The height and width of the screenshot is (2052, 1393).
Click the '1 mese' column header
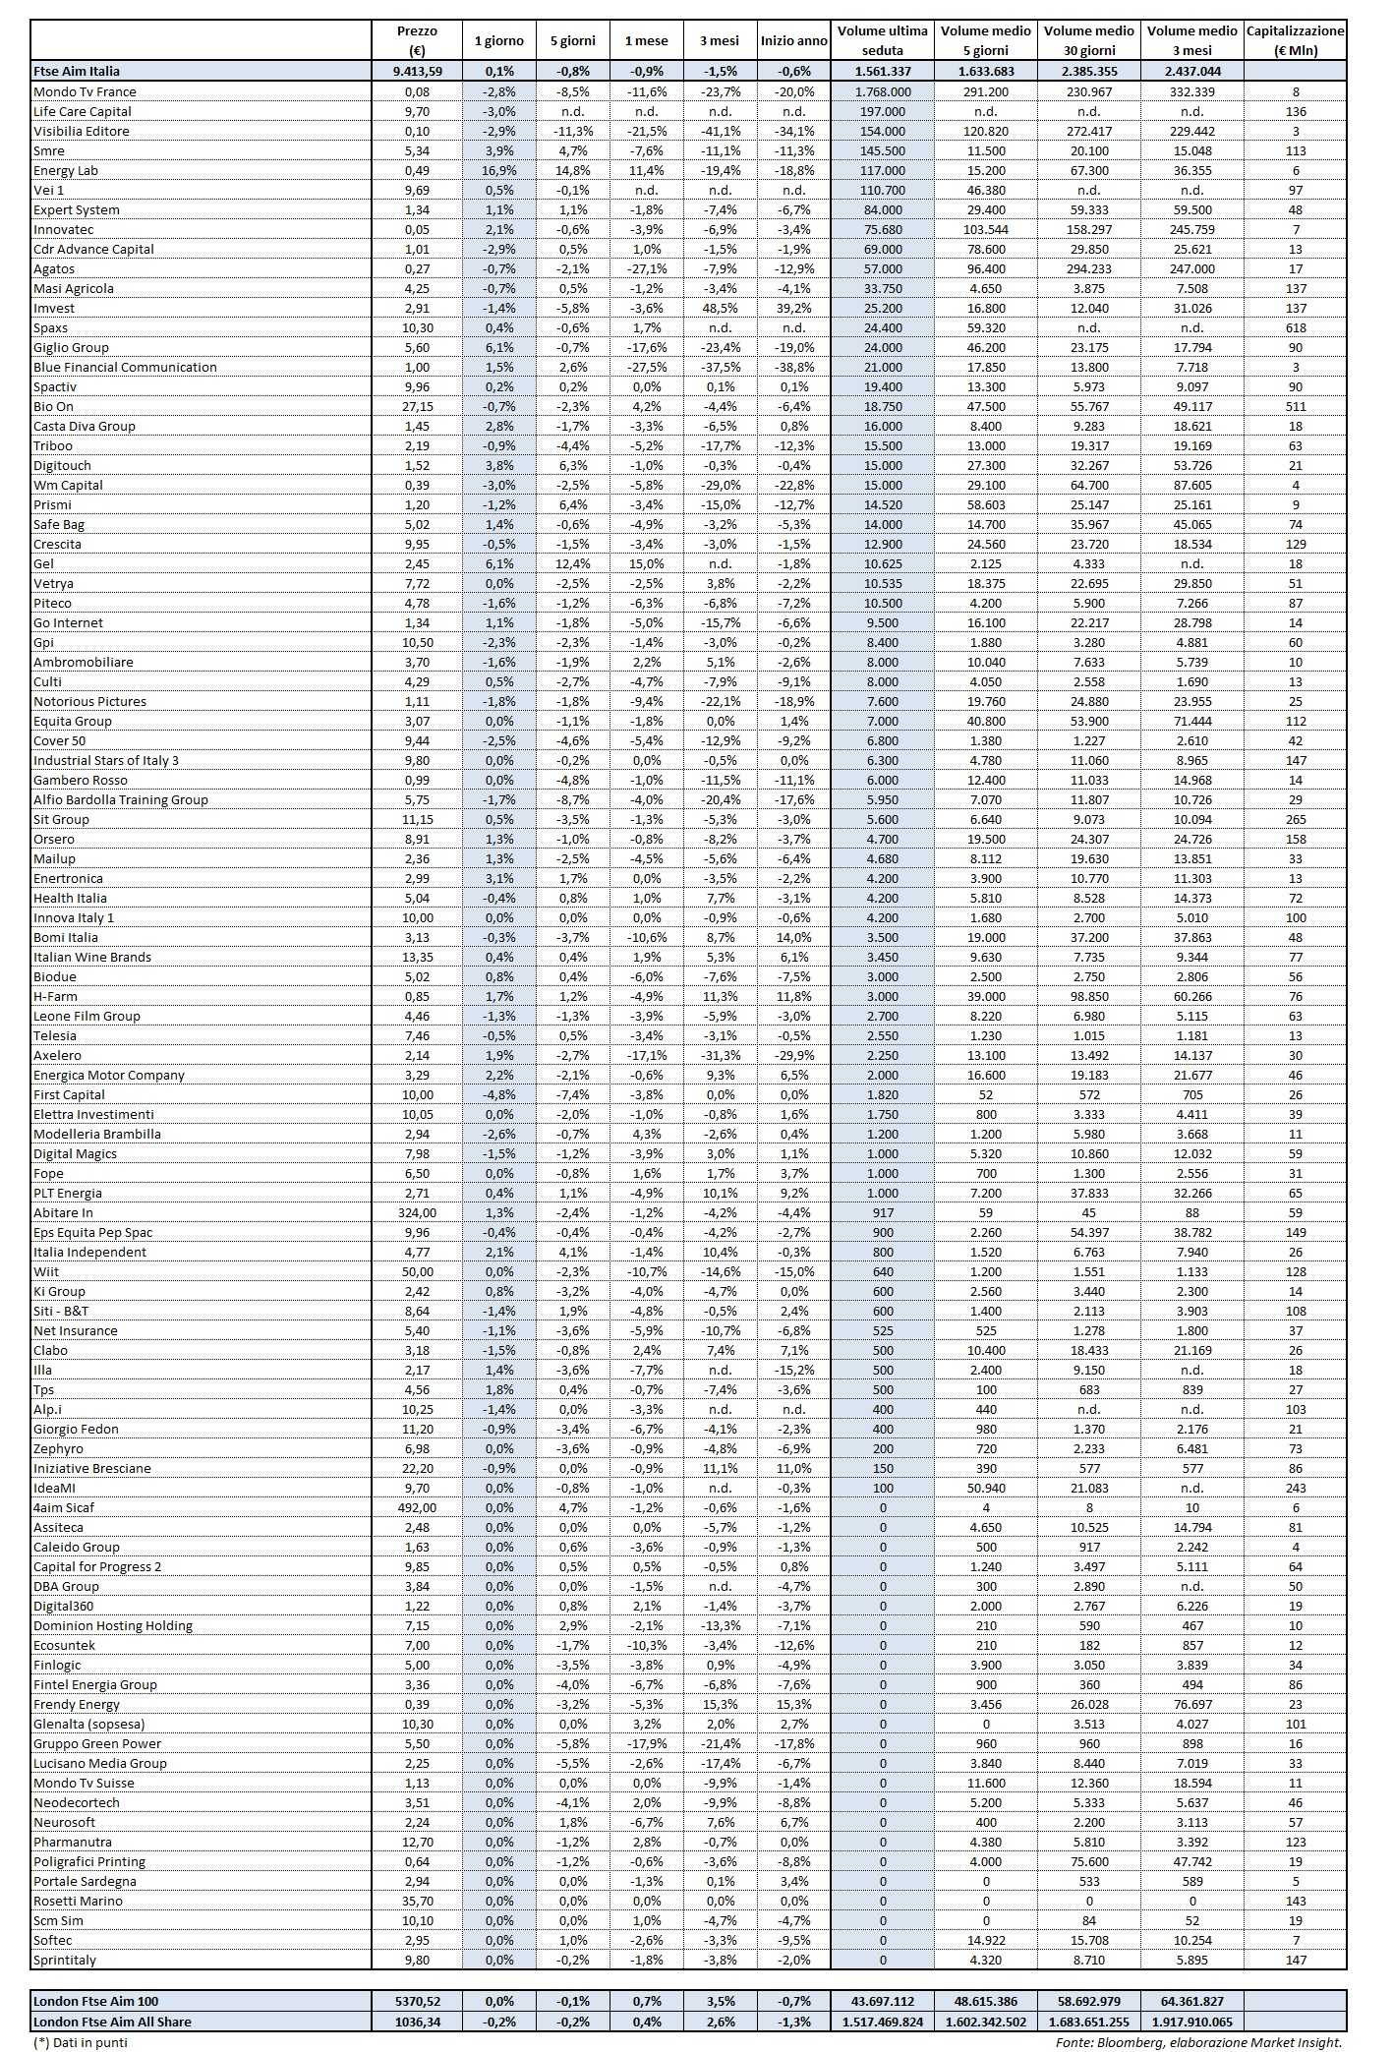coord(645,40)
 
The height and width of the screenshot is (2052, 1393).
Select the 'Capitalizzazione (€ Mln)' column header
coord(1295,40)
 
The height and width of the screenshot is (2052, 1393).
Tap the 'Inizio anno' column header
coord(793,40)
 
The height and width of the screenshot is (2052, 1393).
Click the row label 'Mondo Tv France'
coord(85,91)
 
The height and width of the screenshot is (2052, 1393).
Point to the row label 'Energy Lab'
coord(66,170)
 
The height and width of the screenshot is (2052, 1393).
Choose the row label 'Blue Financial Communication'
coord(125,367)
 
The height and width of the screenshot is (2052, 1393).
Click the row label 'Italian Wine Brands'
coord(92,957)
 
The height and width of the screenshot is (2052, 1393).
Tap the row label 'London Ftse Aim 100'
coord(95,2001)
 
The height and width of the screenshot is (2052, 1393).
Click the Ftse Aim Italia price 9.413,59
coord(418,71)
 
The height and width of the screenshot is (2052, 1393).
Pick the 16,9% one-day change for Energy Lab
coord(498,170)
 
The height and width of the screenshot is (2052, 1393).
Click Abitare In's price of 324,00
coord(418,1212)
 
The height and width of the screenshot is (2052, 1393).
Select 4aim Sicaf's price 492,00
coord(418,1507)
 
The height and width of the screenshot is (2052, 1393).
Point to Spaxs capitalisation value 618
coord(1295,327)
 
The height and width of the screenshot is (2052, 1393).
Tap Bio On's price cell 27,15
coord(418,406)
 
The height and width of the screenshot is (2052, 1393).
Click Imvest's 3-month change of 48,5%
coord(720,308)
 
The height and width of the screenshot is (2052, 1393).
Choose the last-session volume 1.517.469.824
coord(882,2022)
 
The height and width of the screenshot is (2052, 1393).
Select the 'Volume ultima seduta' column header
coord(882,40)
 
